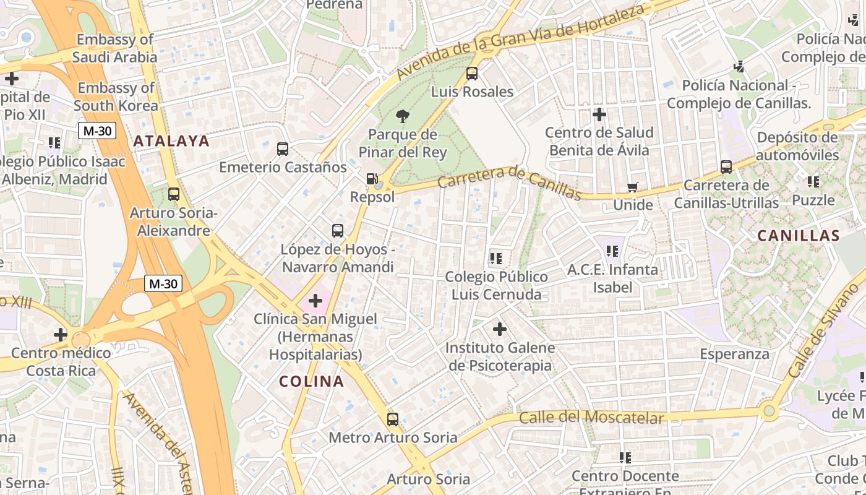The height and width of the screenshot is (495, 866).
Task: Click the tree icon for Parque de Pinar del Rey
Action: (x=403, y=116)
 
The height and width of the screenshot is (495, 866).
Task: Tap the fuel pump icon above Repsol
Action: (x=372, y=179)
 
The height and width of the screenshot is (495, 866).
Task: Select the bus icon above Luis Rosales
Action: (x=472, y=74)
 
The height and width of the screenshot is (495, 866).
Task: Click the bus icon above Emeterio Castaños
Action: (x=283, y=149)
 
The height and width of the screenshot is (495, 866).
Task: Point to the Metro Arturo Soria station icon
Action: (x=393, y=420)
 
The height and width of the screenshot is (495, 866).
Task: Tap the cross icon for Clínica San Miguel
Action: (x=315, y=301)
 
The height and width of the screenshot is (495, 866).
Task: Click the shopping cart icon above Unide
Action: (x=632, y=187)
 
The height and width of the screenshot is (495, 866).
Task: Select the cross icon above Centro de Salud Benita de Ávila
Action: (x=599, y=114)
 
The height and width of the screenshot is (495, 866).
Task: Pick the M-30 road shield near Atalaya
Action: (x=97, y=131)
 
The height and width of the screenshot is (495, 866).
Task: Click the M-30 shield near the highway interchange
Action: (x=164, y=283)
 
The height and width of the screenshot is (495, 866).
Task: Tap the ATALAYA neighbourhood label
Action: (x=171, y=141)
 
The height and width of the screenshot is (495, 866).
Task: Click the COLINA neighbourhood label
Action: (x=311, y=381)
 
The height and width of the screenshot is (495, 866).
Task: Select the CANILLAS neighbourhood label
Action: (x=799, y=236)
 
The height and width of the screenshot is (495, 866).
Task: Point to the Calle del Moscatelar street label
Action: (x=591, y=418)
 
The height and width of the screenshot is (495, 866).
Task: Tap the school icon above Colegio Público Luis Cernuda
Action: (x=495, y=258)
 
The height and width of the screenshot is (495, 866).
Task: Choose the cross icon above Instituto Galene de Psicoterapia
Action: (x=500, y=329)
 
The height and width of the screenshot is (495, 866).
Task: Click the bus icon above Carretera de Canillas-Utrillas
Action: (x=726, y=167)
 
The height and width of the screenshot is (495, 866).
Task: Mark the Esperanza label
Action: (x=735, y=354)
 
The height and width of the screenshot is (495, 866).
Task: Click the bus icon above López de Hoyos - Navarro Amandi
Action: (x=338, y=231)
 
